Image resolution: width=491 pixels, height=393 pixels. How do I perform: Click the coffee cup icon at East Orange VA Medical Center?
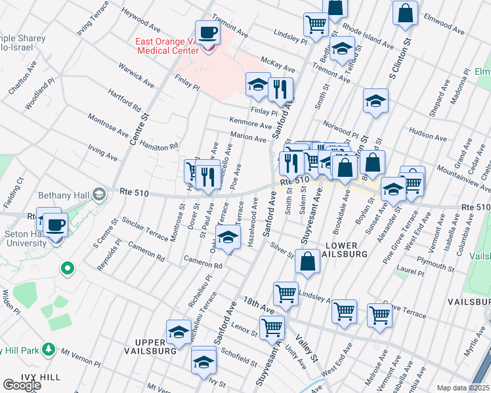tap(208, 33)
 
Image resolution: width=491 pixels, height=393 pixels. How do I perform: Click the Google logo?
tap(21, 385)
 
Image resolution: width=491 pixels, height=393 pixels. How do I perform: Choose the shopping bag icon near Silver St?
tap(308, 263)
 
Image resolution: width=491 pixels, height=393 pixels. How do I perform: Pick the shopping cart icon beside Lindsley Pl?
tap(316, 25)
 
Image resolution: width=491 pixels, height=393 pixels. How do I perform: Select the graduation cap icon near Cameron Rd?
tap(228, 238)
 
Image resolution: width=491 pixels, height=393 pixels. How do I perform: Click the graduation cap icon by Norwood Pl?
tap(375, 102)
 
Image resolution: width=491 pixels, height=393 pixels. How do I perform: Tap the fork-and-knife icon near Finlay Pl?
tap(280, 88)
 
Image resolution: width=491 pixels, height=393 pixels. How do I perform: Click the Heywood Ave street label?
tap(141, 20)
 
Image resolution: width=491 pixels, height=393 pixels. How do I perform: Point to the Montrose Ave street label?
tap(109, 124)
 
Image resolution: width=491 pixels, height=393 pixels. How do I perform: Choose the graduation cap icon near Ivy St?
tap(204, 361)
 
